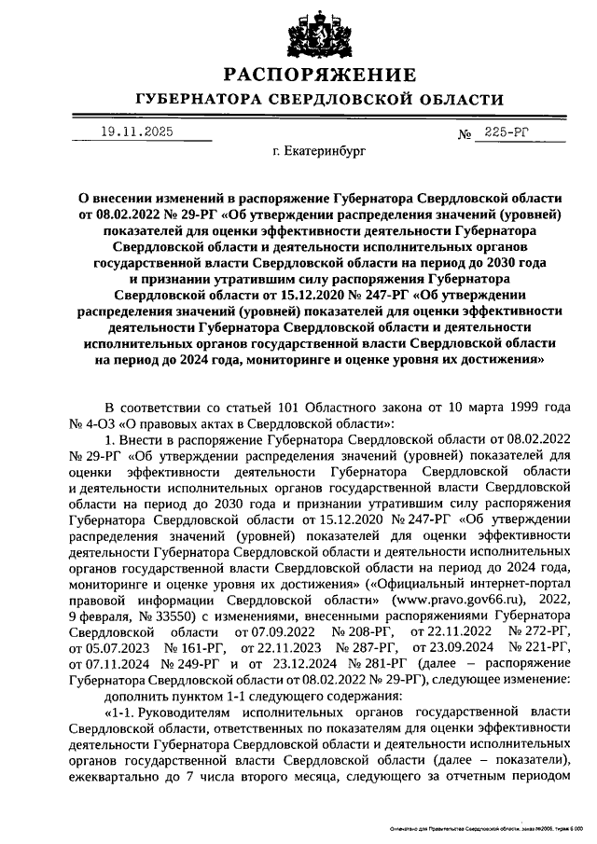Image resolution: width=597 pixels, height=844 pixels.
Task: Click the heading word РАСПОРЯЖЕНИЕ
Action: [x=321, y=75]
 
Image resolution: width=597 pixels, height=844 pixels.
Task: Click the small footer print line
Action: [x=486, y=828]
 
